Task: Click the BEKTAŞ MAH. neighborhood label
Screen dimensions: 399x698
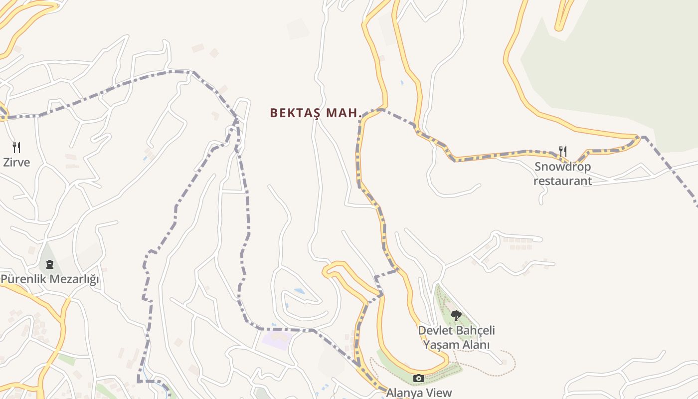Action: point(316,113)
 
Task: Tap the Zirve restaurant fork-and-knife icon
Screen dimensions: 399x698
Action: point(16,147)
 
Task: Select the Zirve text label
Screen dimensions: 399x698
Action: point(16,163)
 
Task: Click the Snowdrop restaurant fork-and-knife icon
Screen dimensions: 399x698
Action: point(563,151)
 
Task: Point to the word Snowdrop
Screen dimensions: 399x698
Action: point(562,167)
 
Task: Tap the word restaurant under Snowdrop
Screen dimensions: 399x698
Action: point(562,181)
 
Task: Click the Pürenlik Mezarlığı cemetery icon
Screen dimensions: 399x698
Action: point(49,264)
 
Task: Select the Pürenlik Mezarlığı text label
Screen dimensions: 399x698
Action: point(50,279)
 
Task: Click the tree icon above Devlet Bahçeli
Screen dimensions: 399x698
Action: point(456,315)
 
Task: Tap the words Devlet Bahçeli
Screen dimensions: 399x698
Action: point(456,331)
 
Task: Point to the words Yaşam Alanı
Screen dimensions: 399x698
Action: point(456,345)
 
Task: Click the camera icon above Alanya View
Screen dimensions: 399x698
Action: point(419,379)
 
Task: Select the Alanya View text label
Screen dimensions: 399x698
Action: point(419,393)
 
